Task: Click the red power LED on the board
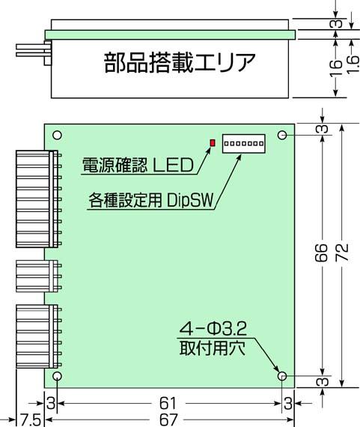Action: click(x=213, y=142)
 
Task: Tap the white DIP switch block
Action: click(x=243, y=144)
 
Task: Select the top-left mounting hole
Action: click(x=57, y=135)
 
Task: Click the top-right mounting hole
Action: click(x=282, y=135)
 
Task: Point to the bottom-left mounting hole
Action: click(x=57, y=376)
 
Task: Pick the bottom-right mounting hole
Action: click(x=282, y=376)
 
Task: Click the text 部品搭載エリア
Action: click(x=180, y=63)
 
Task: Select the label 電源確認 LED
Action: click(x=138, y=165)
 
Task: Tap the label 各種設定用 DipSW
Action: click(x=151, y=200)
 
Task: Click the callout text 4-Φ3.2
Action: click(x=213, y=329)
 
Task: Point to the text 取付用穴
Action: click(x=213, y=348)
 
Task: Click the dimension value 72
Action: click(x=342, y=252)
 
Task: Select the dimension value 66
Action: click(x=321, y=252)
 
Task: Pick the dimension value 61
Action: click(x=168, y=403)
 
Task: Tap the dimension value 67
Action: click(x=168, y=420)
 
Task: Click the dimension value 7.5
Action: click(x=31, y=420)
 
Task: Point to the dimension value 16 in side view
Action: click(x=336, y=68)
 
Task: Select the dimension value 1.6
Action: click(x=353, y=64)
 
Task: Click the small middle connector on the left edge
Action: click(x=37, y=276)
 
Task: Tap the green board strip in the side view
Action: click(x=170, y=34)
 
